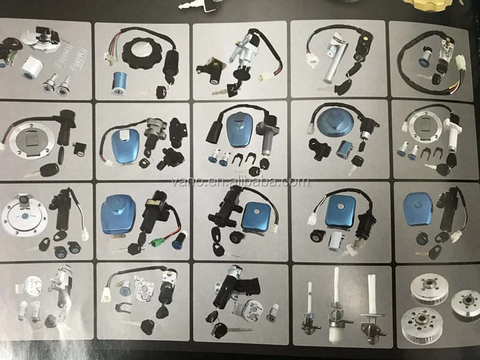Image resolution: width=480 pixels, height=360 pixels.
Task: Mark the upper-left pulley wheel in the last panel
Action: point(428,286)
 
